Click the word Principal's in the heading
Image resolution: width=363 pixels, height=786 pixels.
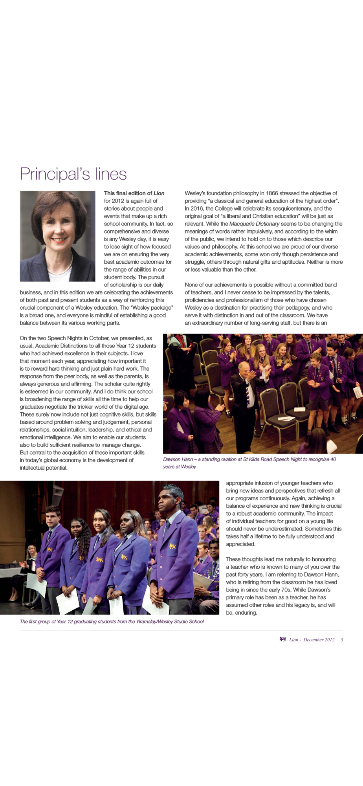pyautogui.click(x=55, y=174)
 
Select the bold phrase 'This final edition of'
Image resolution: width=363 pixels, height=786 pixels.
pyautogui.click(x=128, y=193)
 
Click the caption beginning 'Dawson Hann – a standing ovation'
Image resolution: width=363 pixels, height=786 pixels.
pyautogui.click(x=249, y=463)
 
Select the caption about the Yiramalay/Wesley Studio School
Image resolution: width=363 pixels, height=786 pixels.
pyautogui.click(x=112, y=622)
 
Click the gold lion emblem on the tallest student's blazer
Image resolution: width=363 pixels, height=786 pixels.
pyautogui.click(x=172, y=546)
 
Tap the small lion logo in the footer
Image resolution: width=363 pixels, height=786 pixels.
pyautogui.click(x=282, y=639)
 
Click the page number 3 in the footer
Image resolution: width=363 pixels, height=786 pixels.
pyautogui.click(x=342, y=640)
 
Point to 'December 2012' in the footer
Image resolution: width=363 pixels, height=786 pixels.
pyautogui.click(x=319, y=640)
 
